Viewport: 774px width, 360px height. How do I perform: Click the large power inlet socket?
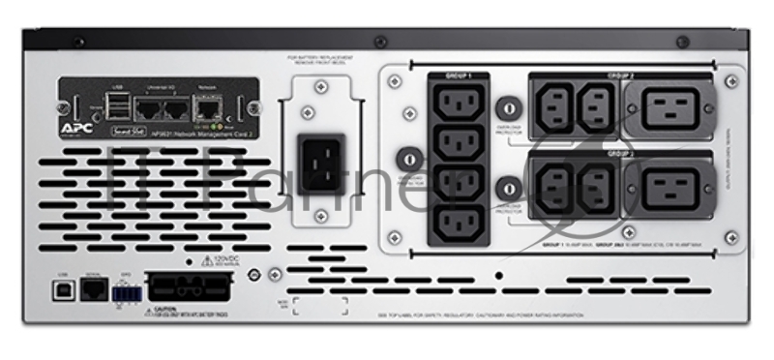pos(322,162)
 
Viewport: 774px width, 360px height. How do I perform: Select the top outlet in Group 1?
pos(455,105)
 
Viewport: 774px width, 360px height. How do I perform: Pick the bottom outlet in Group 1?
pos(455,224)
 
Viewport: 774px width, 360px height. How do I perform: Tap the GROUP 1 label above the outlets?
pos(458,75)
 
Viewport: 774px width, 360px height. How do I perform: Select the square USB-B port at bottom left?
pos(61,291)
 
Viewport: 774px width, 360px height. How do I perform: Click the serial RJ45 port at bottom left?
pos(93,291)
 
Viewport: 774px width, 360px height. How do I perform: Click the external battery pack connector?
pos(189,287)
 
